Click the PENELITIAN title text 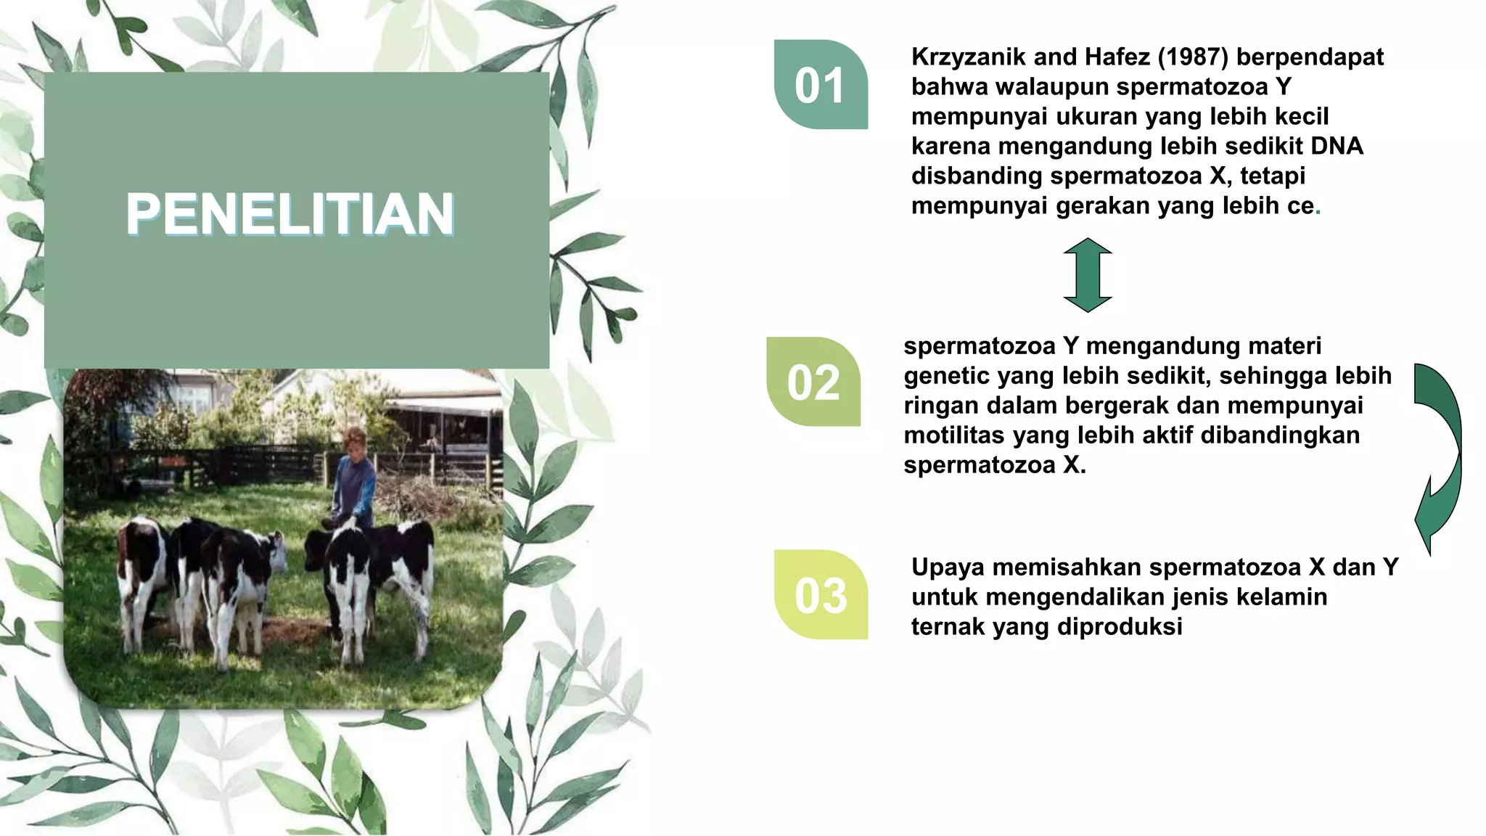(x=290, y=213)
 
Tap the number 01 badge (x=820, y=86)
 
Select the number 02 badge (x=813, y=382)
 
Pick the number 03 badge (x=821, y=596)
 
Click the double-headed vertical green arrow (x=1088, y=275)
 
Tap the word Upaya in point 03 (x=948, y=567)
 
